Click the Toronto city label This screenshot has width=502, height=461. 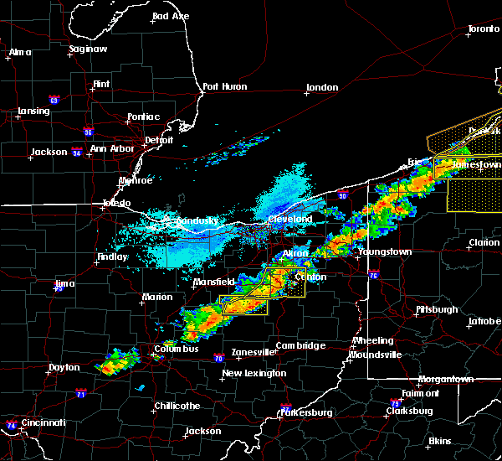(x=484, y=28)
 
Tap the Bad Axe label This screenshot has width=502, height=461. (x=171, y=16)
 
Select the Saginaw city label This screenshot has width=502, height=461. (x=89, y=49)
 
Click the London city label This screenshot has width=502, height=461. (x=322, y=87)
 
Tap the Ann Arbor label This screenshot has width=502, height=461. (x=112, y=148)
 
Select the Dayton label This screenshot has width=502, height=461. (x=64, y=367)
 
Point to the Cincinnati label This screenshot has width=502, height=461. (x=44, y=422)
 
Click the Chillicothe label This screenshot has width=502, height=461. (x=177, y=406)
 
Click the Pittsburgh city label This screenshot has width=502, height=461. (x=437, y=309)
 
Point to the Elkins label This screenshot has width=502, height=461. (x=440, y=441)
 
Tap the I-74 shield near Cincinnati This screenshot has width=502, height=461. (x=10, y=425)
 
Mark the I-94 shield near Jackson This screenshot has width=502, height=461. (x=76, y=153)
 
